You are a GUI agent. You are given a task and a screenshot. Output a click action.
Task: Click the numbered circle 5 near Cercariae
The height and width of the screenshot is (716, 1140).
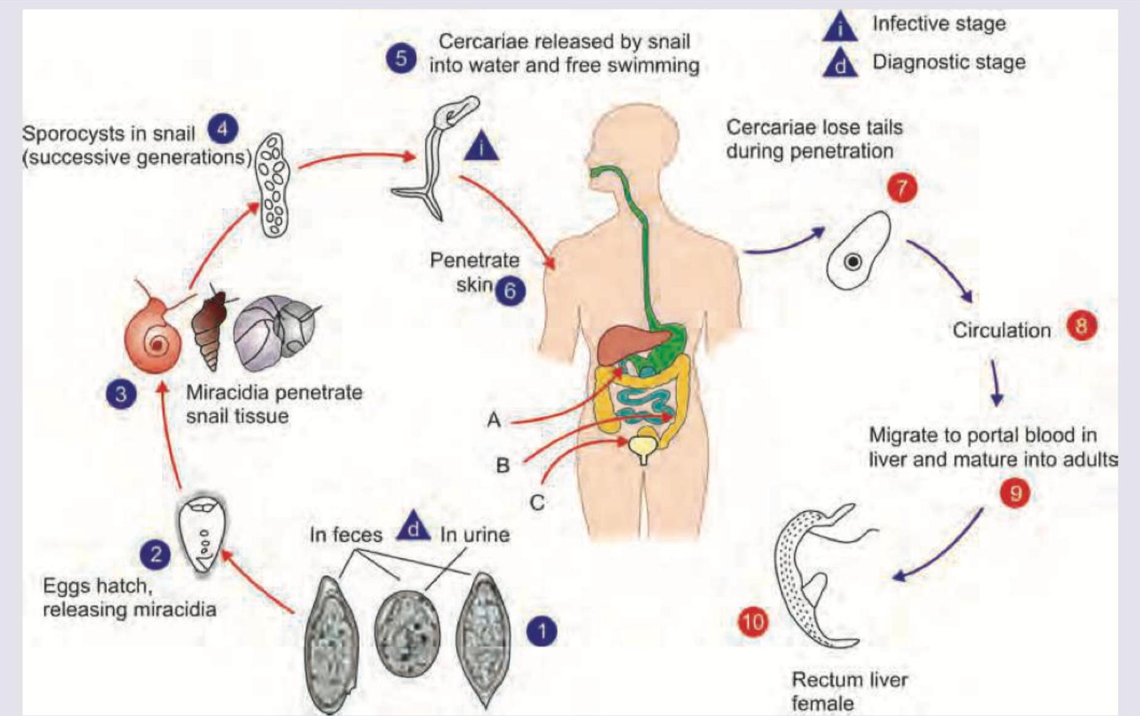pyautogui.click(x=401, y=58)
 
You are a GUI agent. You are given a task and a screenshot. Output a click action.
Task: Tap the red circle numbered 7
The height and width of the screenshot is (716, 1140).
pyautogui.click(x=901, y=188)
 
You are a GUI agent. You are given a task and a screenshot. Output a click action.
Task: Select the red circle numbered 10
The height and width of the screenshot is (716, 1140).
pyautogui.click(x=753, y=622)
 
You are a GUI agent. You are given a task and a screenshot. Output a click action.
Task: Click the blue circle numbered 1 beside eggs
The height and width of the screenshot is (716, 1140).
pyautogui.click(x=542, y=631)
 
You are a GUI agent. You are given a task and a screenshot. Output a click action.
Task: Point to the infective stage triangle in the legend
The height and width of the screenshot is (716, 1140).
pyautogui.click(x=840, y=28)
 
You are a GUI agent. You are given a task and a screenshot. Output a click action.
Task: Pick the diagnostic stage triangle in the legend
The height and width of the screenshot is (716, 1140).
pyautogui.click(x=840, y=64)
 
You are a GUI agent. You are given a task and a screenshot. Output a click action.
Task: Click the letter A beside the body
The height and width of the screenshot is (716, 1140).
pyautogui.click(x=494, y=420)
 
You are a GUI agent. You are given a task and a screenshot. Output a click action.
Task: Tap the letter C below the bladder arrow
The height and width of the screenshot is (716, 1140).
pyautogui.click(x=537, y=503)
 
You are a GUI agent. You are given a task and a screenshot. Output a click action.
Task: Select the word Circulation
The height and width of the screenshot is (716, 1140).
pyautogui.click(x=1001, y=330)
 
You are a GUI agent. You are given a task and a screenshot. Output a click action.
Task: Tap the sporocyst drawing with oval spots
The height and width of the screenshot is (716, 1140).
pyautogui.click(x=273, y=185)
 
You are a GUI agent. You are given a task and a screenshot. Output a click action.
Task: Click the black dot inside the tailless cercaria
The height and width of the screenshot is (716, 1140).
pyautogui.click(x=853, y=262)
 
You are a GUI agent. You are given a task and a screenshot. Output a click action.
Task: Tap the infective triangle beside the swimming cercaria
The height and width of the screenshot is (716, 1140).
pyautogui.click(x=481, y=148)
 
